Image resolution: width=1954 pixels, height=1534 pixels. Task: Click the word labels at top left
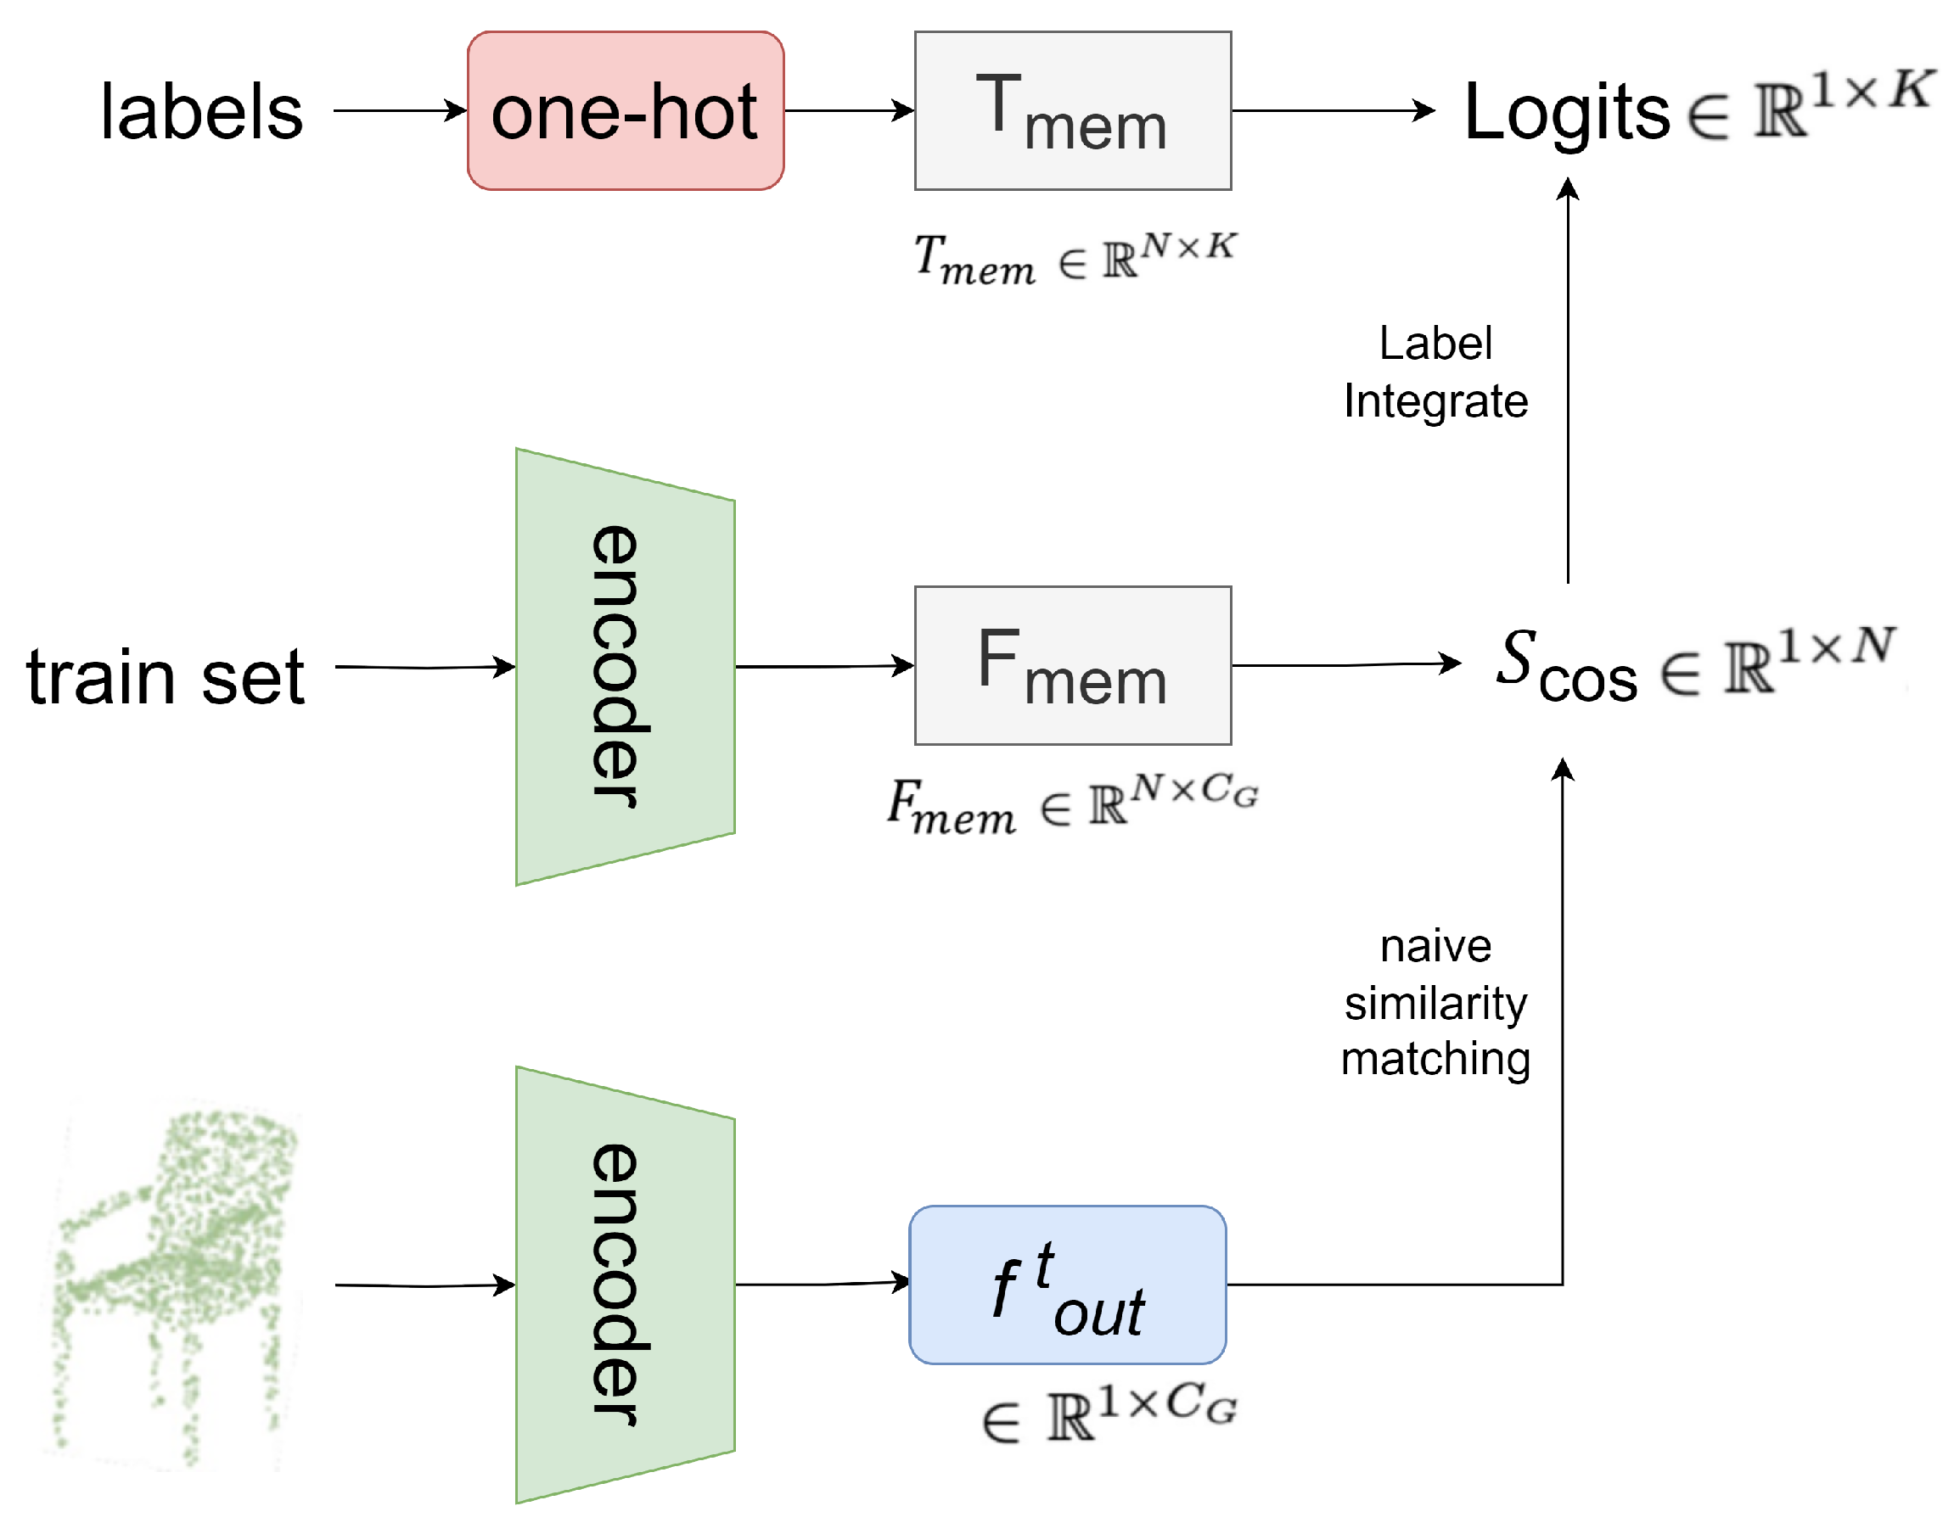tap(201, 112)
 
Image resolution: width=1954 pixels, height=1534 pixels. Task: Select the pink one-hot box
tap(625, 110)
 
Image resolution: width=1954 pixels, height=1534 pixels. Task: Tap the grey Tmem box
tap(1072, 110)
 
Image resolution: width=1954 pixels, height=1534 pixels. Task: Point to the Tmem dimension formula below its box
tap(1075, 258)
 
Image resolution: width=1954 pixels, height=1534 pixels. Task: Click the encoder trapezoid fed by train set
tap(625, 666)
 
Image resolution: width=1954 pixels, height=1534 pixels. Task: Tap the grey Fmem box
tap(1072, 665)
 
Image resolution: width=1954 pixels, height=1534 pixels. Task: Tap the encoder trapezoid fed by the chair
tap(625, 1285)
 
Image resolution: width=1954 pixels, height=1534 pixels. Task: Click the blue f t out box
tap(1066, 1285)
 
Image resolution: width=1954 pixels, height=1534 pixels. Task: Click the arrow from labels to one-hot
tap(399, 110)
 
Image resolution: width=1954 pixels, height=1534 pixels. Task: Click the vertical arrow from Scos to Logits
tap(1567, 378)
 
